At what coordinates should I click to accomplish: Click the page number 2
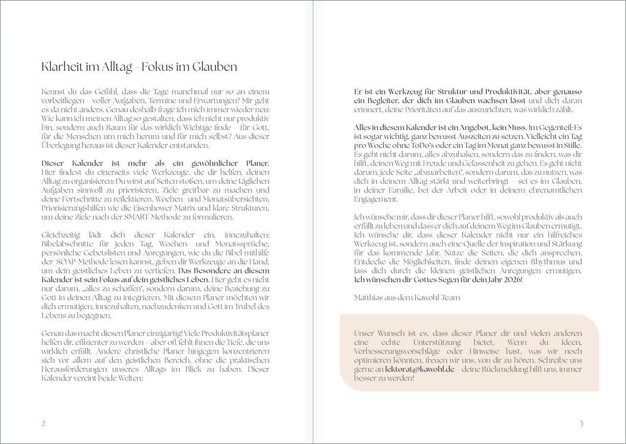[44, 423]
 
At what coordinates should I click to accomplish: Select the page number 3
[581, 423]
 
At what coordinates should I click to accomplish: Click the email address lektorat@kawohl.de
[420, 370]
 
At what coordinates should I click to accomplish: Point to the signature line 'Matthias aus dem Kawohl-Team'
[407, 297]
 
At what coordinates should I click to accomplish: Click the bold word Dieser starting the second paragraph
[56, 163]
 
